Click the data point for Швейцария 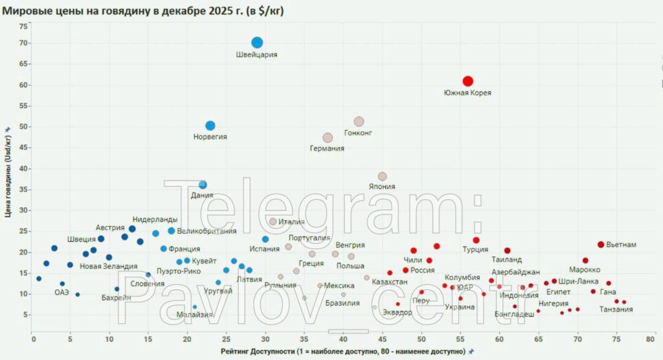pos(257,43)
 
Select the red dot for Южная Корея pos(467,81)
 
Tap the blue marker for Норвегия pos(210,126)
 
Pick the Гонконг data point pos(359,122)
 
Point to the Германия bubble pos(328,138)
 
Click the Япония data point pos(382,176)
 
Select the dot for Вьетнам pos(601,245)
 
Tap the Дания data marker pos(203,185)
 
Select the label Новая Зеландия pos(109,267)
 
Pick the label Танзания pos(616,309)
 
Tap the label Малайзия pos(194,315)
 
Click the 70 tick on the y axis pos(23,43)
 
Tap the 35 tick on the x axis pos(303,338)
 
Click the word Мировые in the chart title pos(25,11)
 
